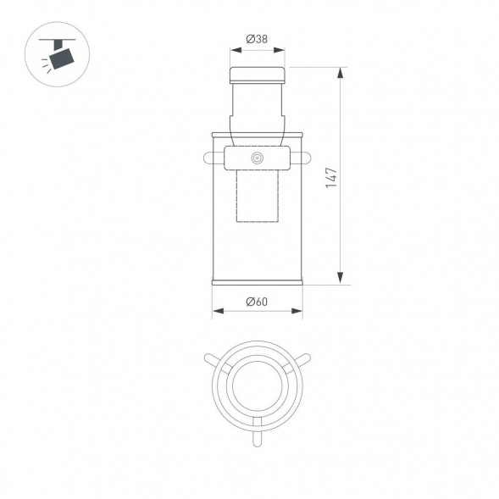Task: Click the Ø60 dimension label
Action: point(257,301)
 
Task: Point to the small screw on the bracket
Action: point(256,158)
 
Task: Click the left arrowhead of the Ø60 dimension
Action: point(215,312)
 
